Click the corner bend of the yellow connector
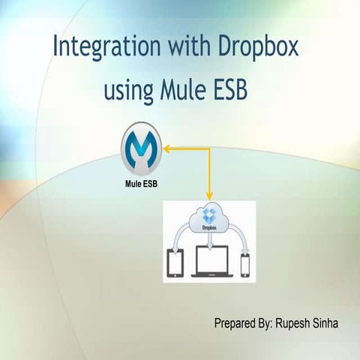210,148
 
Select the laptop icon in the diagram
211,261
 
